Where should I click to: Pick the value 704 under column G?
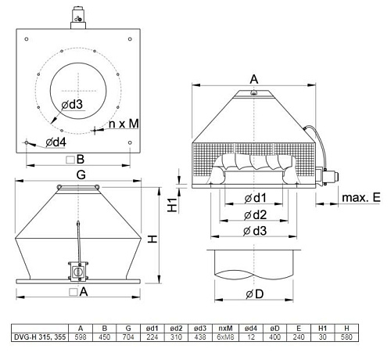click(x=128, y=337)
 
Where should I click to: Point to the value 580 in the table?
click(x=346, y=337)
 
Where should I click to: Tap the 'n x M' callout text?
click(x=124, y=123)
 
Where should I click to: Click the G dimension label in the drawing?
click(x=81, y=177)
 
